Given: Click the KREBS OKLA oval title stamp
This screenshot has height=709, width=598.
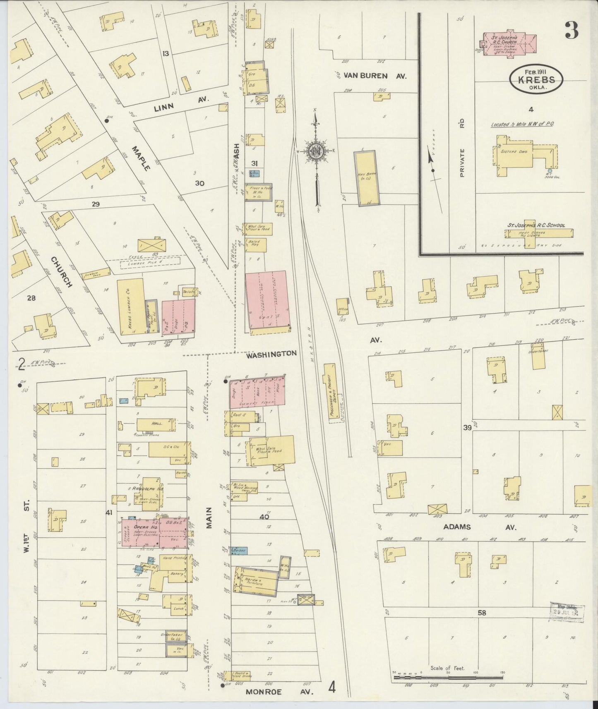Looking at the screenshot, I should pos(536,79).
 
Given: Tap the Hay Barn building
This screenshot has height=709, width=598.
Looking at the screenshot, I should pos(366,178).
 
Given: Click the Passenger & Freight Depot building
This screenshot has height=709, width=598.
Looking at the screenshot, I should pos(330,393).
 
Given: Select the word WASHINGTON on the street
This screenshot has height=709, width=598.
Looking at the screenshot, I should pos(272,354).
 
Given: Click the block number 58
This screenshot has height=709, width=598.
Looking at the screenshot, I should pos(482,613).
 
